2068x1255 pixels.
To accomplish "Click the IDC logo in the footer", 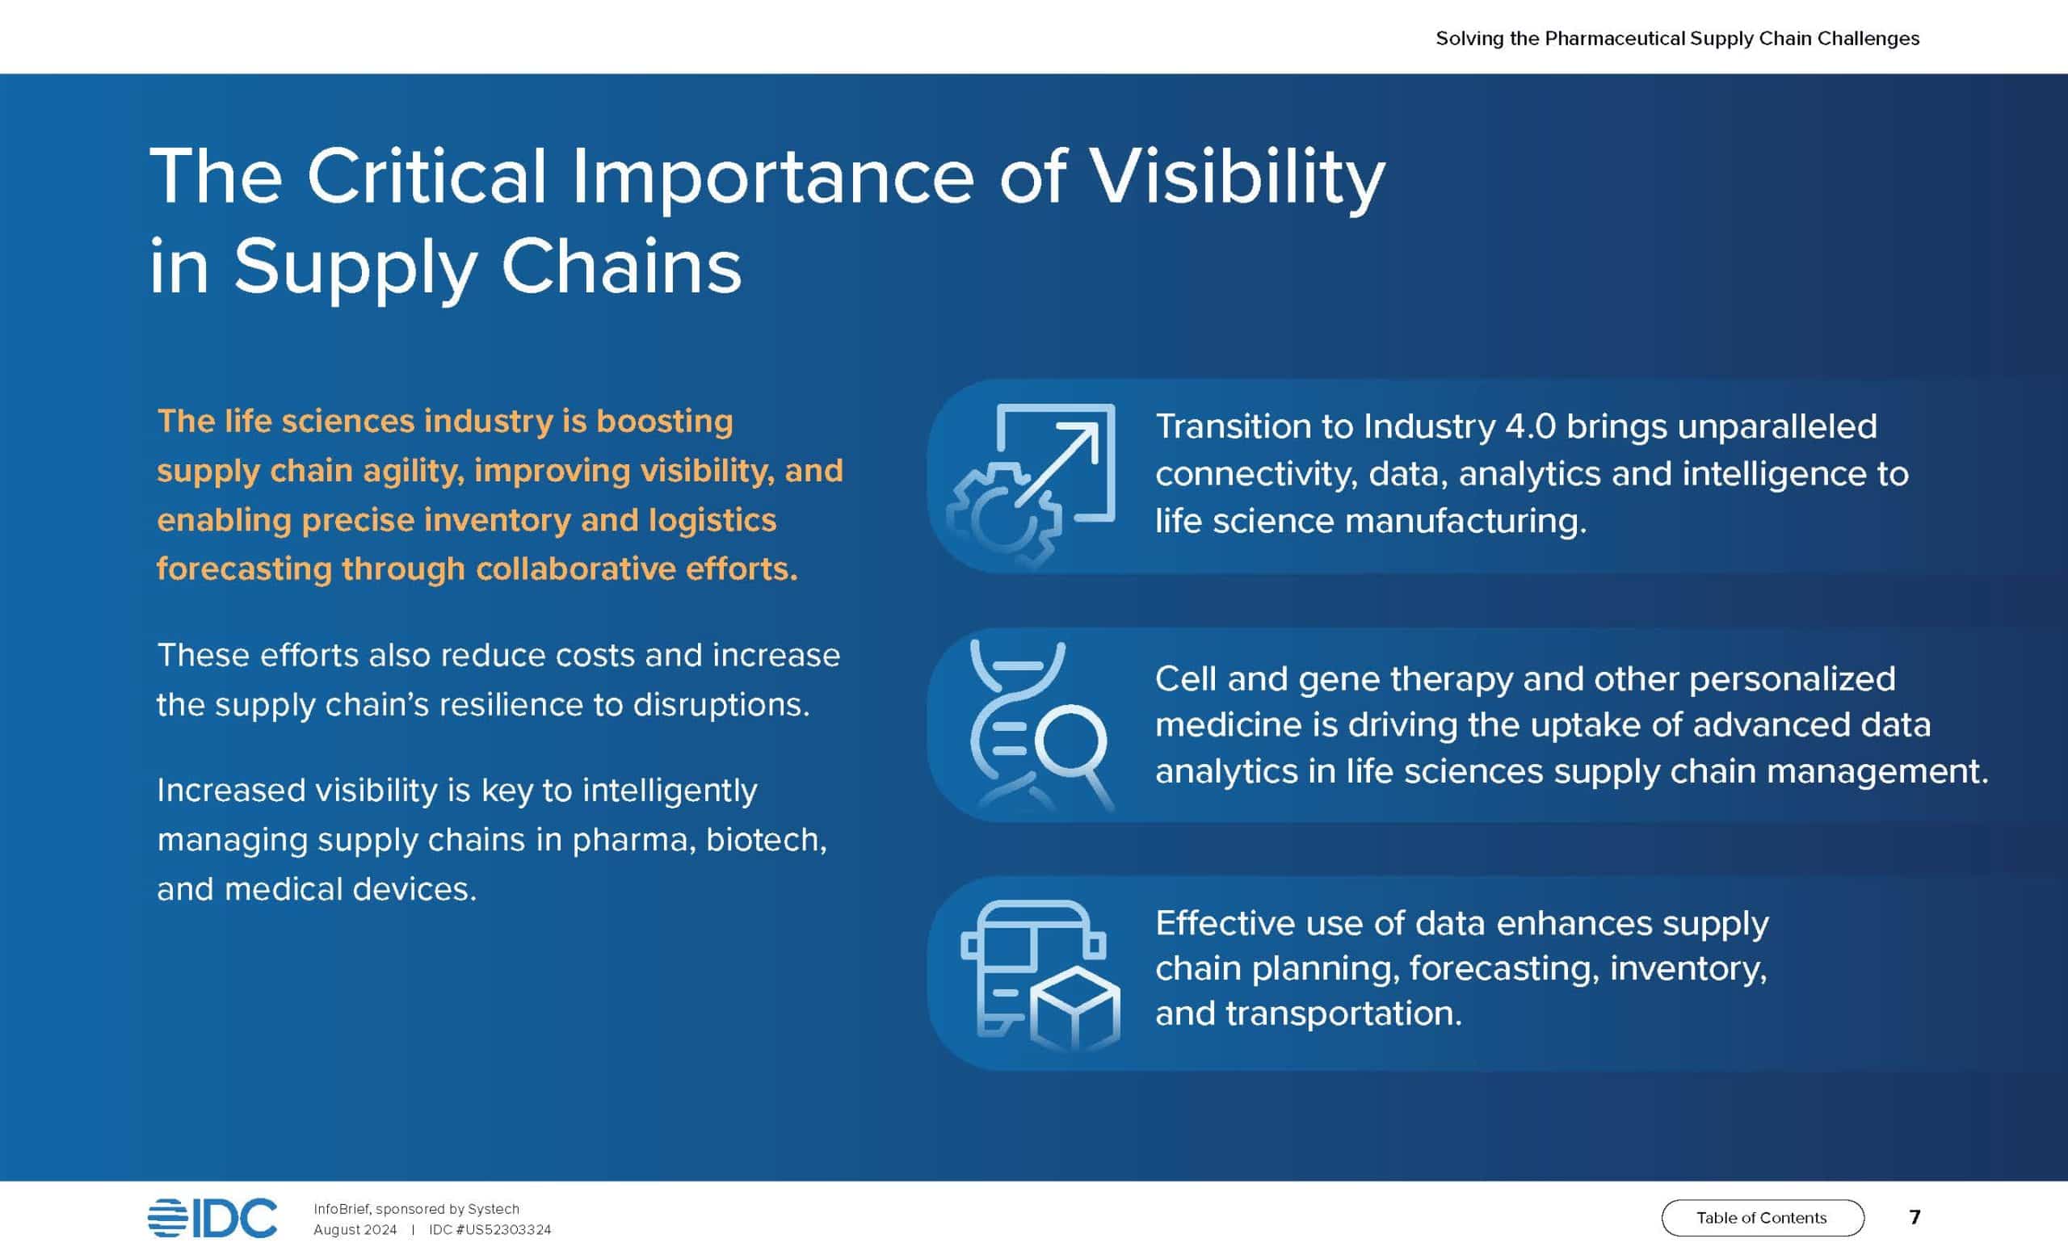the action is [x=212, y=1218].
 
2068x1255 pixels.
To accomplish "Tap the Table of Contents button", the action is [x=1763, y=1218].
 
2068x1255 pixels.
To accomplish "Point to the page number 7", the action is [x=1915, y=1217].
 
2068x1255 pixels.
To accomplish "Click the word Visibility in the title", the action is [x=1237, y=178].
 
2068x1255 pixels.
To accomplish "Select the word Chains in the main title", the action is [x=621, y=266].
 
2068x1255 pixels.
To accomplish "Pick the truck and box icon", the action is [x=1040, y=976].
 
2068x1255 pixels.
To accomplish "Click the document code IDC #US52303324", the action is [x=490, y=1230].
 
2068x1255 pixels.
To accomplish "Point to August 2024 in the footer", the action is [x=355, y=1231].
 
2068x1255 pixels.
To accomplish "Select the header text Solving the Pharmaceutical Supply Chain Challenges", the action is [x=1677, y=39].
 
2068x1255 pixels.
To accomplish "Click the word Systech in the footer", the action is [x=494, y=1210].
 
